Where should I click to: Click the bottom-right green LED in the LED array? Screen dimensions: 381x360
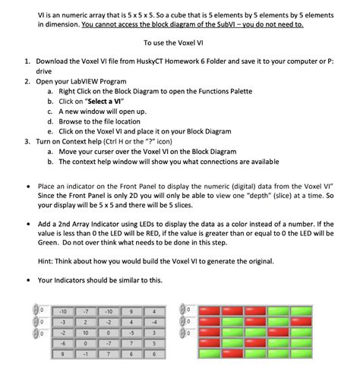[x=300, y=353]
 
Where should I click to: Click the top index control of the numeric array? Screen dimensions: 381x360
[x=39, y=310]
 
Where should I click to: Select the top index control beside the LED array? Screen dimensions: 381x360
[x=186, y=310]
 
